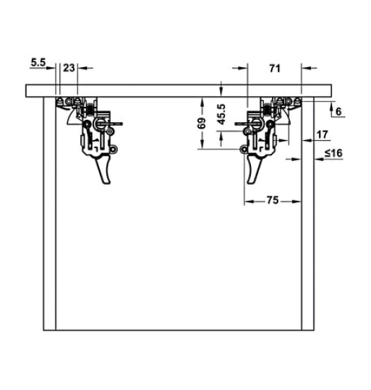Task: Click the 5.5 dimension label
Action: click(x=38, y=62)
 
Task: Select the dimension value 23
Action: click(x=69, y=68)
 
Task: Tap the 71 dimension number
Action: click(x=275, y=69)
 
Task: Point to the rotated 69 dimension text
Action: click(x=202, y=123)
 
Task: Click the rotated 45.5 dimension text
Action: click(x=221, y=114)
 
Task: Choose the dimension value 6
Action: click(x=338, y=111)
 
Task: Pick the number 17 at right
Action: click(x=323, y=134)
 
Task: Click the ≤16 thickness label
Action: click(x=333, y=152)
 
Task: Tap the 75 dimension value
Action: click(x=273, y=200)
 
